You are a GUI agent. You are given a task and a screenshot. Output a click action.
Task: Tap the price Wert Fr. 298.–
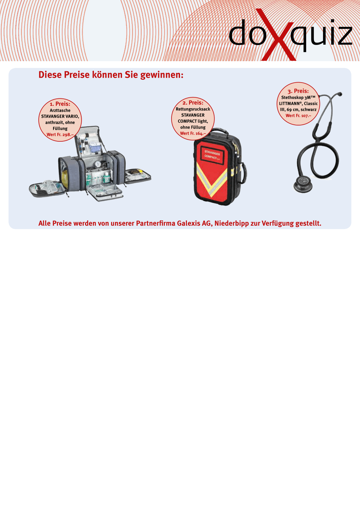click(x=60, y=135)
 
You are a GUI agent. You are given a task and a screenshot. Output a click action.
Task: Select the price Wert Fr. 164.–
click(x=193, y=133)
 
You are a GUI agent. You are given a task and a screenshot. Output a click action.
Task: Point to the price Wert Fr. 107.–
click(x=298, y=116)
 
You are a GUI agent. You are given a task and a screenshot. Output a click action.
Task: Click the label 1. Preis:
click(x=60, y=104)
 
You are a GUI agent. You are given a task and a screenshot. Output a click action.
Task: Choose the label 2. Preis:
click(x=193, y=103)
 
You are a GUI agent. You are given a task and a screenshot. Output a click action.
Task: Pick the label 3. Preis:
click(x=298, y=91)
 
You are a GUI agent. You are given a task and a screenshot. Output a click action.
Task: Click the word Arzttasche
click(x=60, y=110)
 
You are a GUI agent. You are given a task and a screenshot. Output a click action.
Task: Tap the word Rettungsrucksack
click(x=193, y=109)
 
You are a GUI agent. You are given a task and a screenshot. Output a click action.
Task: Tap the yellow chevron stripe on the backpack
click(x=212, y=180)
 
